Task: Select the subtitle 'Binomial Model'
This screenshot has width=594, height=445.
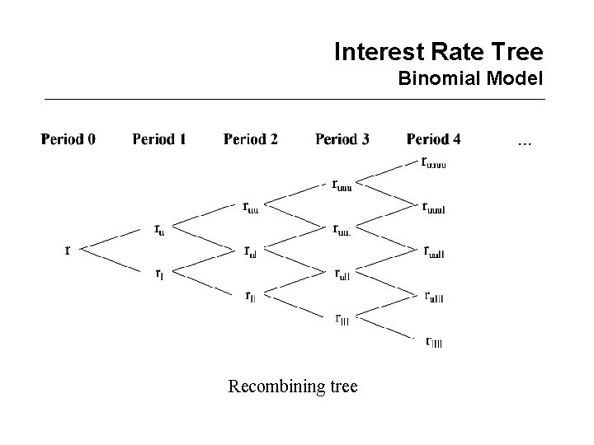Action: click(x=469, y=80)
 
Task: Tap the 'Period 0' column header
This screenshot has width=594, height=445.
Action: click(x=68, y=139)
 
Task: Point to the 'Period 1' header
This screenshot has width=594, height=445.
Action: click(x=158, y=139)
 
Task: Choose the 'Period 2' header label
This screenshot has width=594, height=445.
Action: click(x=250, y=139)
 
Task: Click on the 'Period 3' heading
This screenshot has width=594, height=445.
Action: click(x=342, y=139)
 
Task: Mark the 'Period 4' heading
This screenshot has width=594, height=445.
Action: click(x=433, y=139)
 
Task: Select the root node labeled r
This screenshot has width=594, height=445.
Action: click(x=68, y=250)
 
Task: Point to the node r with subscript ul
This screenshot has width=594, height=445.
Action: click(x=250, y=251)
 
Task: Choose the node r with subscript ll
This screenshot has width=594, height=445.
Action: click(x=249, y=296)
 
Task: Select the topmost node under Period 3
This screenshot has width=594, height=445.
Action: click(x=341, y=185)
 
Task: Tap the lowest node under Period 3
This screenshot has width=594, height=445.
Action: click(x=342, y=318)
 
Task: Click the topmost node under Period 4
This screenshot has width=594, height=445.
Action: click(x=433, y=162)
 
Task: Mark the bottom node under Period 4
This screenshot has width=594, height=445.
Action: click(x=433, y=341)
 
